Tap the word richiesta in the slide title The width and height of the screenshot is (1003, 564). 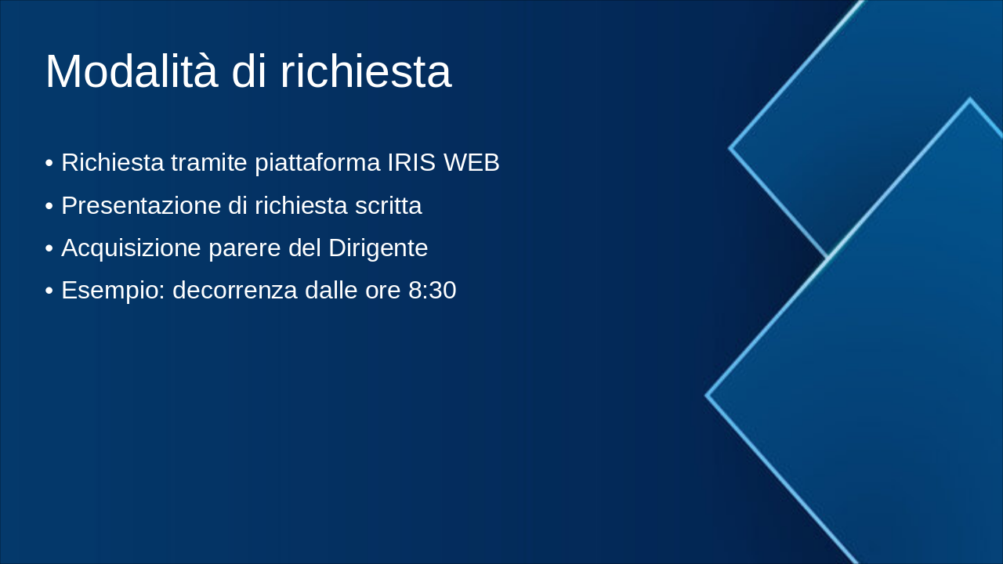(365, 71)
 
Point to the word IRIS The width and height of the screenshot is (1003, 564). (411, 163)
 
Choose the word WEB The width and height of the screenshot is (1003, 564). (472, 163)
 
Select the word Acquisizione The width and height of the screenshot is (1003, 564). (131, 248)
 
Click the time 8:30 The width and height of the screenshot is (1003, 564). (432, 291)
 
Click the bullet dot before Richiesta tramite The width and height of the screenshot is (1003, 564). (49, 164)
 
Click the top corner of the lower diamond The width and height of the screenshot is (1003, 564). (970, 99)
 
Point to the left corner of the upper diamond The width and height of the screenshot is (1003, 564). (730, 147)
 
